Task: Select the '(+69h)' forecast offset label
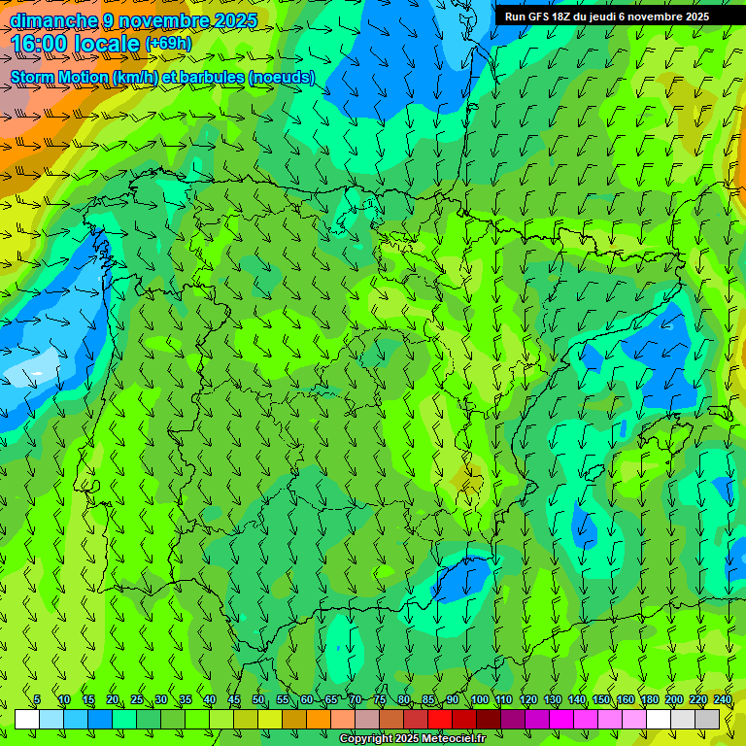169,44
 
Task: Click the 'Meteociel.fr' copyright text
454,739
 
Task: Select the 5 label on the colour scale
37,700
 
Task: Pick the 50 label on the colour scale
258,700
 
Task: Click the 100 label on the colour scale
479,700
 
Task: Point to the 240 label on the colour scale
722,700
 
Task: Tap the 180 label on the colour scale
649,700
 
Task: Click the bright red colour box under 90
440,719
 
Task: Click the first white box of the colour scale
27,719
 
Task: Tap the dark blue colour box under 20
100,719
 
